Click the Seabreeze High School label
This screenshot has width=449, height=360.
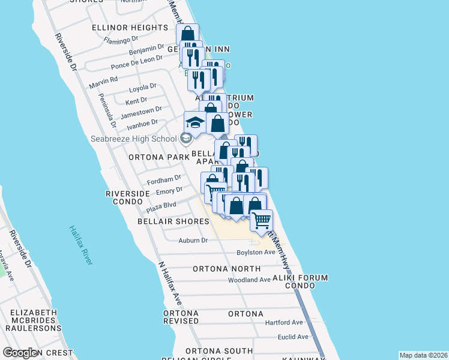tap(133, 139)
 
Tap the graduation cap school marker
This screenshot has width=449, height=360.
tap(195, 122)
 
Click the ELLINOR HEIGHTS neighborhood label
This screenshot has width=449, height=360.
tap(130, 28)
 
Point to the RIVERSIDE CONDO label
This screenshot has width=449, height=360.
tap(127, 197)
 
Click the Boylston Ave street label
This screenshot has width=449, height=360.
tap(256, 252)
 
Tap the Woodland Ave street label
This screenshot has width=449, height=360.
tap(249, 280)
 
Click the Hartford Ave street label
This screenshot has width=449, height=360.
tap(284, 322)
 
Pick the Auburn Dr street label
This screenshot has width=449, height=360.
tap(193, 241)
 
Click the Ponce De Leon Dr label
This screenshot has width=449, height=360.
tap(137, 62)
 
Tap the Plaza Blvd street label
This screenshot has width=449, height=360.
tap(161, 207)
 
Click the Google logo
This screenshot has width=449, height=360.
tap(21, 353)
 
